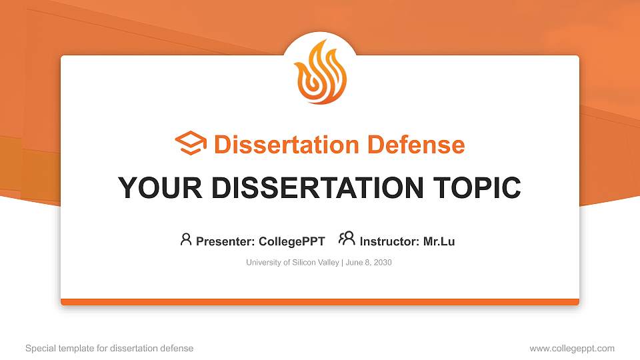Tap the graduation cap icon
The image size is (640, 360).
191,144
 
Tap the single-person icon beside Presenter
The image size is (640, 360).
186,239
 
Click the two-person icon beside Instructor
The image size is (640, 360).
347,239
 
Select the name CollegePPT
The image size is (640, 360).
291,241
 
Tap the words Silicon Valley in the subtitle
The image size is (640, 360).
316,263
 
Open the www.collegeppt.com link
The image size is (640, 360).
572,348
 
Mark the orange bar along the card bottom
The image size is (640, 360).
320,302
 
